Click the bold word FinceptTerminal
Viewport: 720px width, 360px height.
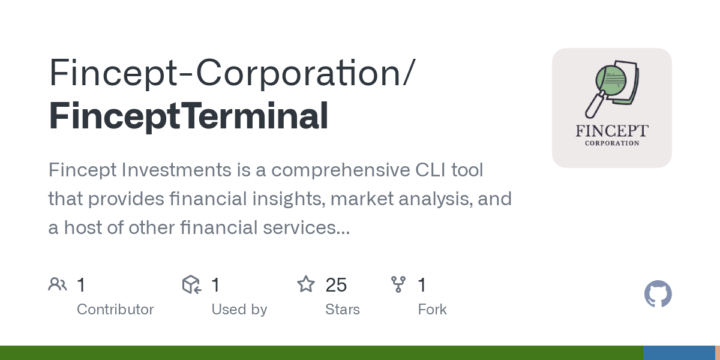point(188,116)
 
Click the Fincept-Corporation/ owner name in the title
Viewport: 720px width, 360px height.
point(231,73)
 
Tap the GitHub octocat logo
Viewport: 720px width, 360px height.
point(658,294)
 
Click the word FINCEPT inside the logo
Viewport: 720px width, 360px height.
point(611,131)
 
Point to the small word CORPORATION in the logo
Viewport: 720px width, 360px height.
point(611,143)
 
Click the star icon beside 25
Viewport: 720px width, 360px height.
point(306,284)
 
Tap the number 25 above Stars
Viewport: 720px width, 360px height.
point(336,285)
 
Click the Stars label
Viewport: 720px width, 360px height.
point(342,310)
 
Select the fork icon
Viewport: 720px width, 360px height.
point(398,284)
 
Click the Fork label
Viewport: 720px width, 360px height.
point(432,310)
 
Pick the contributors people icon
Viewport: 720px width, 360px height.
point(58,284)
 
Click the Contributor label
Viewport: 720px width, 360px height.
point(115,310)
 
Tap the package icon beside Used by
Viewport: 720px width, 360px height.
point(191,284)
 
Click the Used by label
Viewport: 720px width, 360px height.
point(239,310)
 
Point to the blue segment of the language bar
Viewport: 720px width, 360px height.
point(678,353)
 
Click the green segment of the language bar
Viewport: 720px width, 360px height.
point(321,353)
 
